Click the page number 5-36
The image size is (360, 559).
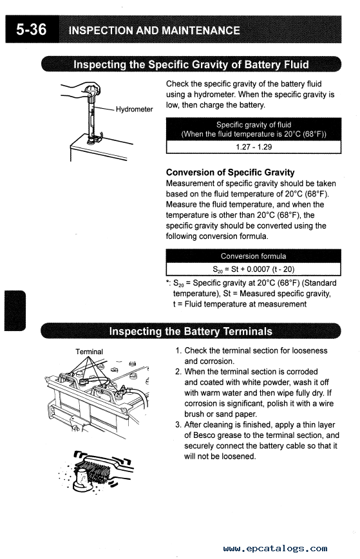pyautogui.click(x=32, y=29)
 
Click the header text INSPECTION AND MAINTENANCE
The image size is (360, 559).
pyautogui.click(x=154, y=30)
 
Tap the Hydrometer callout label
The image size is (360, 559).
pyautogui.click(x=135, y=109)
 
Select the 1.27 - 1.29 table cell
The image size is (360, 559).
pyautogui.click(x=254, y=147)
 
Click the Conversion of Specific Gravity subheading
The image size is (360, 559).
pyautogui.click(x=231, y=173)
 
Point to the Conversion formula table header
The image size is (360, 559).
pyautogui.click(x=254, y=256)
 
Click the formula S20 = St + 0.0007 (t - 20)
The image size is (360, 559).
pyautogui.click(x=254, y=269)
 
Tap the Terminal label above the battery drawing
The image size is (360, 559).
pyautogui.click(x=89, y=352)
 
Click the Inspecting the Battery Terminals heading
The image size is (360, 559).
pyautogui.click(x=191, y=331)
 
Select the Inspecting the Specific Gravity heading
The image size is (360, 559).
pyautogui.click(x=191, y=64)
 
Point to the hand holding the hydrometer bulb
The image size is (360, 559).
pyautogui.click(x=82, y=90)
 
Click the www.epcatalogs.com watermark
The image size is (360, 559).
pyautogui.click(x=275, y=548)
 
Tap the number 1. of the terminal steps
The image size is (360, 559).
pyautogui.click(x=178, y=351)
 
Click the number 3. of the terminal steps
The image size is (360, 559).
pyautogui.click(x=178, y=425)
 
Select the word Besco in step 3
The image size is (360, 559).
pyautogui.click(x=204, y=435)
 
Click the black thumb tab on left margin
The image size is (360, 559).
pyautogui.click(x=15, y=310)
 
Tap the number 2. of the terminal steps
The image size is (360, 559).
pyautogui.click(x=178, y=372)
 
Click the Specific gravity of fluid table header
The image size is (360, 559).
pyautogui.click(x=254, y=129)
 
